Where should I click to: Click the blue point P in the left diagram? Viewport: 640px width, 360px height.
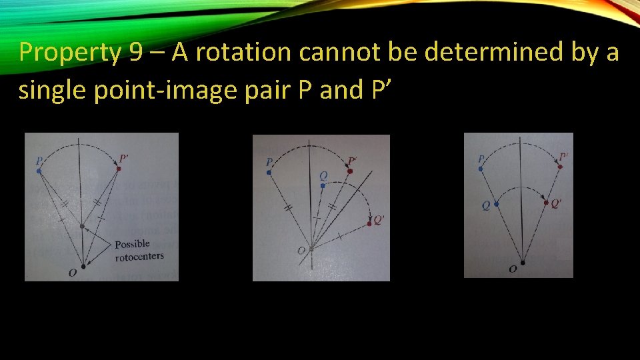[39, 171]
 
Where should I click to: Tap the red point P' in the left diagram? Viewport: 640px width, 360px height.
[119, 169]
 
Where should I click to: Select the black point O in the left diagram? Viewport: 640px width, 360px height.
[83, 267]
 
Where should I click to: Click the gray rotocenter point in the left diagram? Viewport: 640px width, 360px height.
[82, 227]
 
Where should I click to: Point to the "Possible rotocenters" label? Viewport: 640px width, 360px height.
[138, 249]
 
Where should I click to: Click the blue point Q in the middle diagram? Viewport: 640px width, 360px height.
[323, 185]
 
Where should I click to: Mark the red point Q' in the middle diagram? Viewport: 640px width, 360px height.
[371, 225]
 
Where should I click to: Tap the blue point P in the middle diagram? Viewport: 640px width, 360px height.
[269, 172]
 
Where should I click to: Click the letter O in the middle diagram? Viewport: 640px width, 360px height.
[302, 250]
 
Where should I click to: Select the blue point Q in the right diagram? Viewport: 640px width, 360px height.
[497, 204]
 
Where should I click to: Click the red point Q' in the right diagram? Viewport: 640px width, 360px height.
[547, 203]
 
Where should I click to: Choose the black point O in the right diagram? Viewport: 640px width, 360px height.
[522, 263]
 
